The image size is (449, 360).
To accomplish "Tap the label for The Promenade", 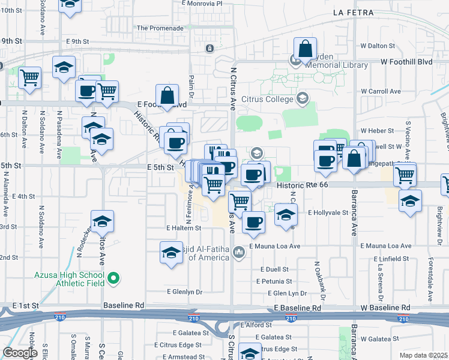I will (160, 28).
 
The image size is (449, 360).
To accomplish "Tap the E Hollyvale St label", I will (328, 212).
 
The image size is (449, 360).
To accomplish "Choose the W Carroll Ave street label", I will (381, 91).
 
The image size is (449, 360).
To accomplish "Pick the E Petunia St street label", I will (273, 281).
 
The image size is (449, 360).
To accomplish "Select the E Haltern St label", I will (184, 228).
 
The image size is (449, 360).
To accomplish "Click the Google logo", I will (20, 353).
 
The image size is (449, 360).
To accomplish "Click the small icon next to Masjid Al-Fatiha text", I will (240, 251).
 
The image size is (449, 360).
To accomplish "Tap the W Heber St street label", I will (376, 131).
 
